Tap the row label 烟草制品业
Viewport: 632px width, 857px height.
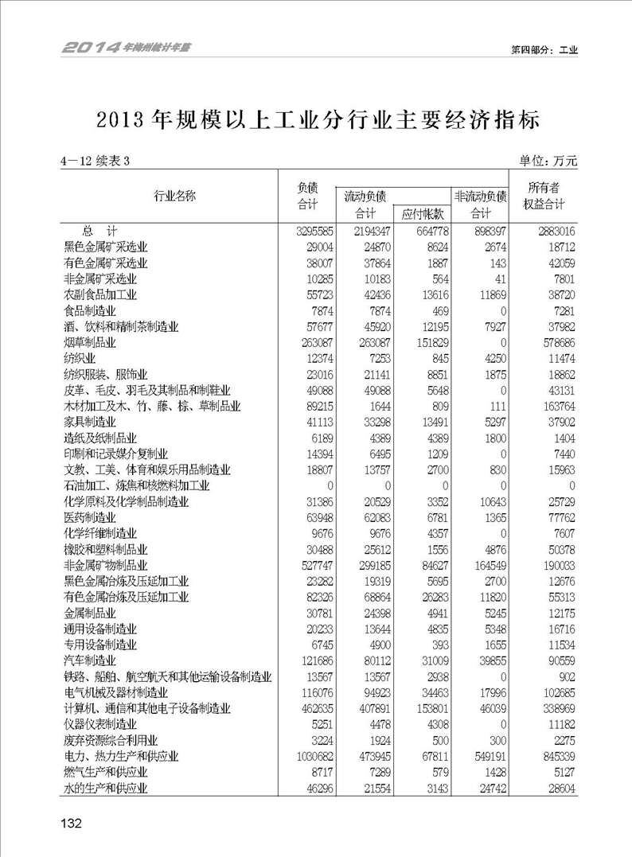pos(90,342)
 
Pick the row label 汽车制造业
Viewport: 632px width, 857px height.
pos(90,660)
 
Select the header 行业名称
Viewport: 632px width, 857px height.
pos(174,196)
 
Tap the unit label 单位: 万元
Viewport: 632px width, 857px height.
pos(548,161)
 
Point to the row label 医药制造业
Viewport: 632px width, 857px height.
pos(90,517)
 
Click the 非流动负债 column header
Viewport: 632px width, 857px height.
pos(480,196)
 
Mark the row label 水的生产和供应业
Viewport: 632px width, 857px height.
pos(106,788)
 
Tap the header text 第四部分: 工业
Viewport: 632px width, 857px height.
pos(544,49)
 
